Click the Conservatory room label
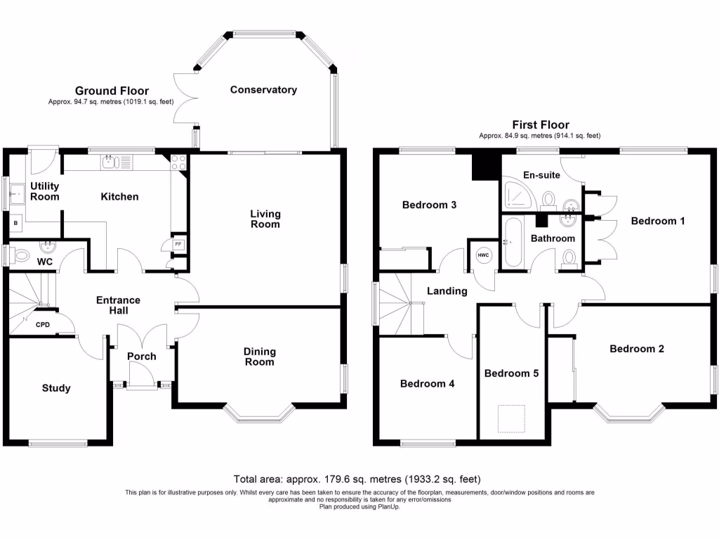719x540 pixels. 263,90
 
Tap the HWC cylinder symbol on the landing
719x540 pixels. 483,255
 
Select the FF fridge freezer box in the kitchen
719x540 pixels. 178,244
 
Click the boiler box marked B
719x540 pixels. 15,224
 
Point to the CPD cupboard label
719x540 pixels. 44,325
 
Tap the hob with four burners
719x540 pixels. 178,163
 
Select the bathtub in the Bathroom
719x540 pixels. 511,243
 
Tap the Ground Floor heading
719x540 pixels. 112,91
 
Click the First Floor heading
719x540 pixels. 540,125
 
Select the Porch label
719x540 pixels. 141,356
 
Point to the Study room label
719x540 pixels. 56,388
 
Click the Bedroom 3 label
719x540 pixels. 429,205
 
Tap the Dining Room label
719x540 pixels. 259,356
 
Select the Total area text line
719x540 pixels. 359,480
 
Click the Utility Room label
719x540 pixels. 44,191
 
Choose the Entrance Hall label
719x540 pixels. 118,305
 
